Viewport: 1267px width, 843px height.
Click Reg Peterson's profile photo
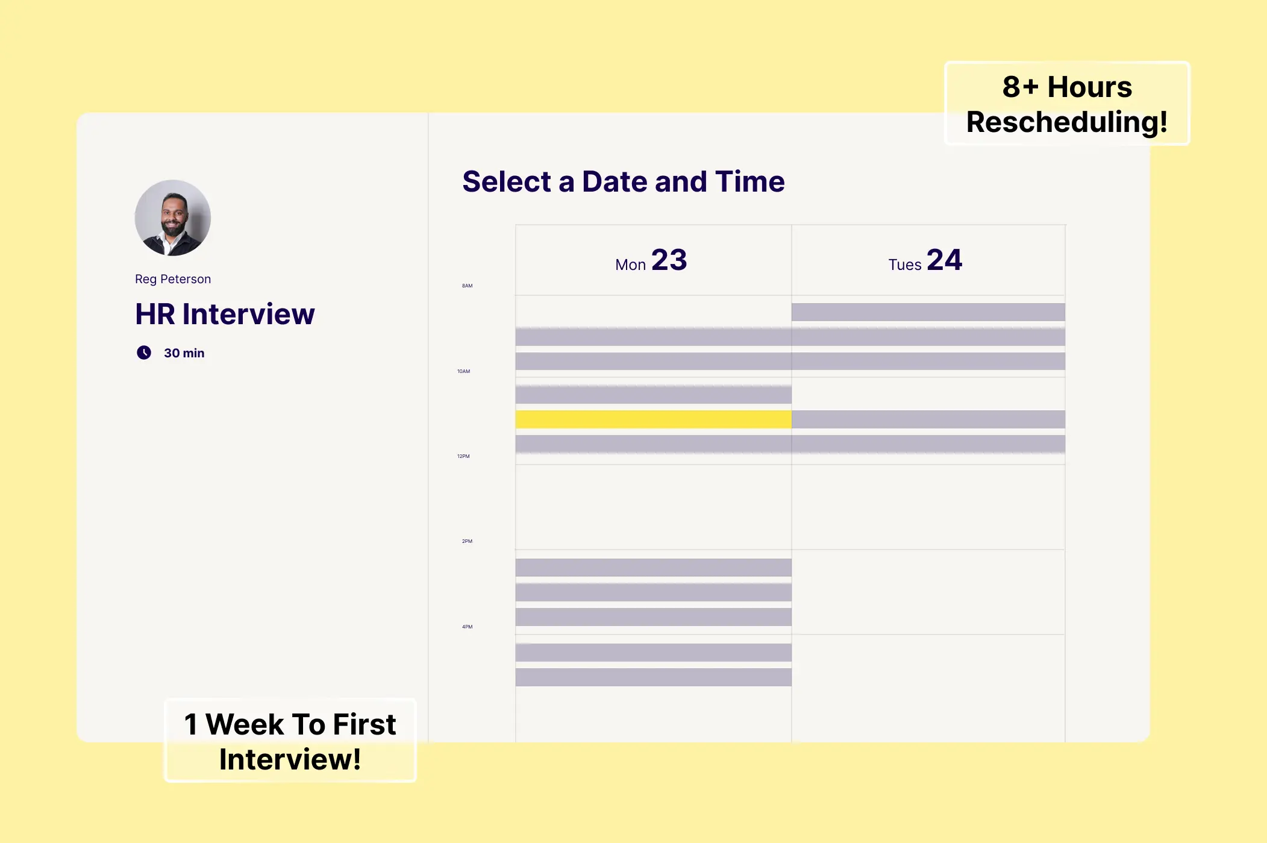tap(173, 218)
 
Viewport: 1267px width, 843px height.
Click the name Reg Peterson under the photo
tap(173, 279)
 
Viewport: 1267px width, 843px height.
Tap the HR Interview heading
tap(225, 314)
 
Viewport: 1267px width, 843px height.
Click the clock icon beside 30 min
tap(144, 353)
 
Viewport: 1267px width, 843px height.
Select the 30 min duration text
tap(184, 353)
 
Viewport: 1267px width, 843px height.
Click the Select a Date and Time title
tap(623, 181)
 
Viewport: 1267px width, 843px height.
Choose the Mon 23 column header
tap(651, 260)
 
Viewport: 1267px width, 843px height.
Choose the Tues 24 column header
tap(925, 260)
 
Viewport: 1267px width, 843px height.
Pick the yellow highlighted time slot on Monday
tap(653, 419)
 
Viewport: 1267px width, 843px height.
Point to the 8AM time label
tap(467, 286)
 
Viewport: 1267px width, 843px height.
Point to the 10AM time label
tap(463, 371)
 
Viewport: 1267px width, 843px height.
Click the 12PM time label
tap(463, 456)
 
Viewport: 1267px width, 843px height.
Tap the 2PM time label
tap(467, 541)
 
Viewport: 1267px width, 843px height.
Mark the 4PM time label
tap(467, 627)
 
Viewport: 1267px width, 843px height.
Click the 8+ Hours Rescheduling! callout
tap(1067, 104)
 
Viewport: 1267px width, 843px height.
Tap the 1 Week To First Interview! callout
tap(290, 741)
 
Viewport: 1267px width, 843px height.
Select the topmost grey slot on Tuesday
tap(928, 312)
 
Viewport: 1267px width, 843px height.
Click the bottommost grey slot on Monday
tap(653, 677)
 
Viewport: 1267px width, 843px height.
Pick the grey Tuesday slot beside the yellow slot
tap(928, 419)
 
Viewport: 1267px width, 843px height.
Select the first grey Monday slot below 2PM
tap(653, 568)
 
